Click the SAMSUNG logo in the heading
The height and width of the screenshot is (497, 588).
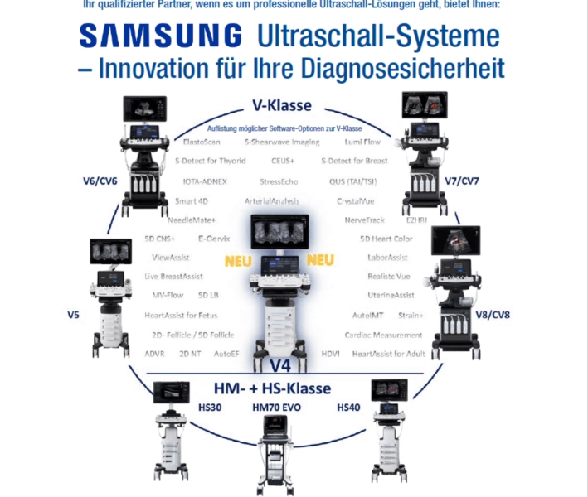(161, 36)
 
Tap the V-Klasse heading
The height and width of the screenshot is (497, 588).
(282, 106)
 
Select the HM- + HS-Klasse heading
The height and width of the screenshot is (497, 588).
(283, 388)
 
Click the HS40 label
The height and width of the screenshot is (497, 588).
(349, 408)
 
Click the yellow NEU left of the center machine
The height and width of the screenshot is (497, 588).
(238, 261)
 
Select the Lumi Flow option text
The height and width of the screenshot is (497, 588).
(363, 142)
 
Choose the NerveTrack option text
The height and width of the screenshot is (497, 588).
(366, 220)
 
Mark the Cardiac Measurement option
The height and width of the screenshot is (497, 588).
(383, 335)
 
